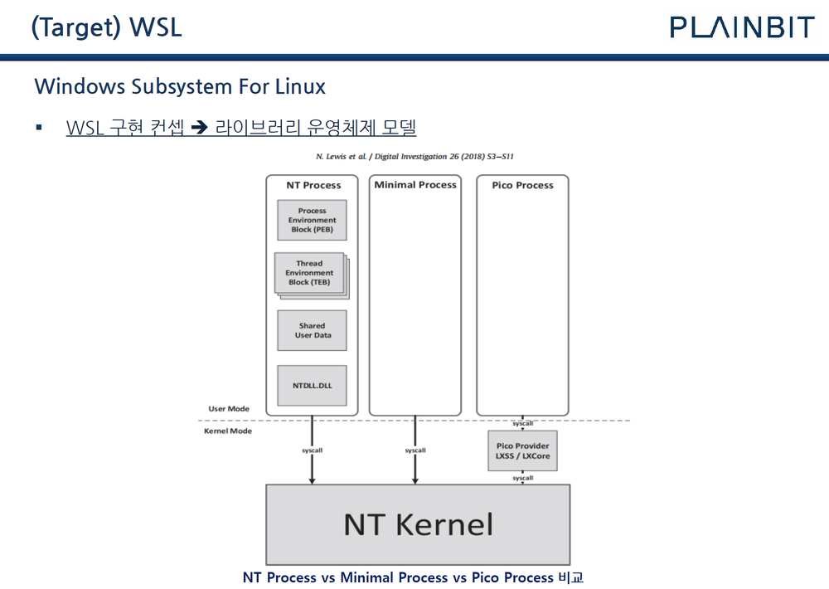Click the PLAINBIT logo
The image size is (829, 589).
(x=743, y=27)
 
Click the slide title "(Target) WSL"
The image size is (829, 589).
(x=106, y=27)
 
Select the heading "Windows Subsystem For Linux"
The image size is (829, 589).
(x=180, y=86)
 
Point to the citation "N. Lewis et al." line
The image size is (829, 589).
(x=416, y=156)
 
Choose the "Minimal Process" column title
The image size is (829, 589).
(x=415, y=184)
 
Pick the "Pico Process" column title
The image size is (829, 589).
(x=522, y=185)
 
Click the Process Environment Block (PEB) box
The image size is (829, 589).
(x=312, y=220)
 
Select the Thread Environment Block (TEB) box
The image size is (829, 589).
(x=310, y=273)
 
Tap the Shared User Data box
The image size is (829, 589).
(x=312, y=330)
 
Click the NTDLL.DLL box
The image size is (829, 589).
(x=312, y=385)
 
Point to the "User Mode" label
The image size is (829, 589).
(x=229, y=409)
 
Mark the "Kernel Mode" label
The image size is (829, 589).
(x=228, y=431)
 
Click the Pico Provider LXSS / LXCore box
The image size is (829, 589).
(x=522, y=451)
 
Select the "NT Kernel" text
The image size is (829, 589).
(x=418, y=524)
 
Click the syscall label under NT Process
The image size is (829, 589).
(x=313, y=450)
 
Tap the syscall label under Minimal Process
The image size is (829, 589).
(x=415, y=450)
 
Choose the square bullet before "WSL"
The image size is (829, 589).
(x=38, y=128)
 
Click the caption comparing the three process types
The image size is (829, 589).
(x=413, y=577)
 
